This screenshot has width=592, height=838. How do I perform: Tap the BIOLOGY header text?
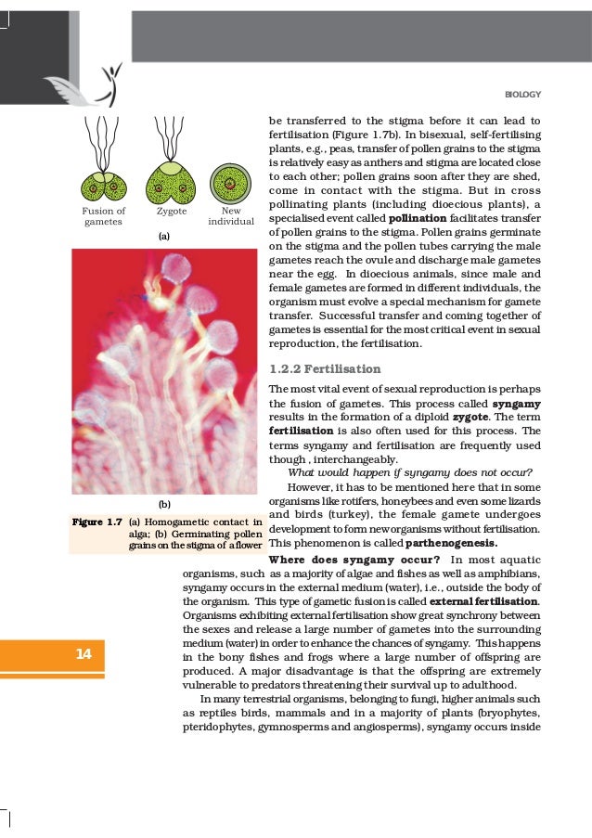pyautogui.click(x=522, y=95)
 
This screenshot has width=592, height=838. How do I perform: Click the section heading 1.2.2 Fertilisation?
pyautogui.click(x=324, y=368)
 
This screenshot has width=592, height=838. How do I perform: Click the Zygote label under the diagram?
pyautogui.click(x=172, y=212)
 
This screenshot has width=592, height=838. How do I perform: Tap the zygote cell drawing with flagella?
pyautogui.click(x=172, y=181)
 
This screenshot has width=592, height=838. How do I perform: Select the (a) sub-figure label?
pyautogui.click(x=164, y=238)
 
